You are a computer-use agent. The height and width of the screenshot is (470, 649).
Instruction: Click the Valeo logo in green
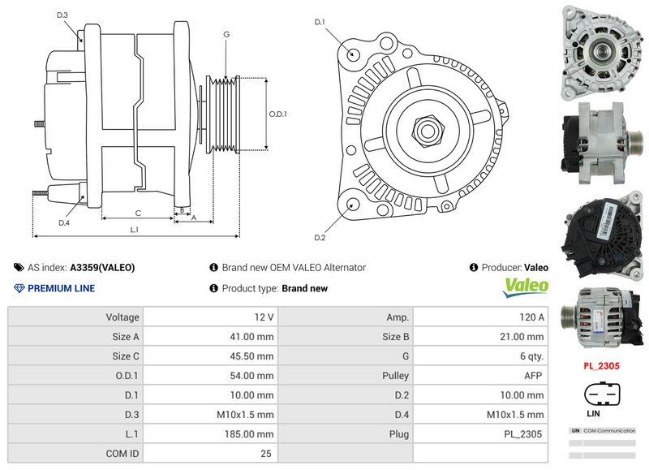(x=527, y=287)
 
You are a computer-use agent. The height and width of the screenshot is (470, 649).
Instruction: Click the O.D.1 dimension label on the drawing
(x=278, y=114)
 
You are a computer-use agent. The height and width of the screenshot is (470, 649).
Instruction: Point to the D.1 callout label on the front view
(x=320, y=22)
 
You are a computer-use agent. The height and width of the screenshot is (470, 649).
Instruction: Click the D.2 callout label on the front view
(x=320, y=237)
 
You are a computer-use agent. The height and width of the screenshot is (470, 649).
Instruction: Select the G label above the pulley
(x=226, y=35)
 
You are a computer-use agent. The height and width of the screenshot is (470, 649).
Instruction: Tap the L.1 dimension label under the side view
(x=135, y=230)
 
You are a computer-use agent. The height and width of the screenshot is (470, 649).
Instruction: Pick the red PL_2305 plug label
(x=601, y=366)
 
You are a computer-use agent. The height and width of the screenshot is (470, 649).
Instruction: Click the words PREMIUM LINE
(x=61, y=288)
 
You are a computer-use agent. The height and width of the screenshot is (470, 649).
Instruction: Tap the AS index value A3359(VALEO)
(x=102, y=267)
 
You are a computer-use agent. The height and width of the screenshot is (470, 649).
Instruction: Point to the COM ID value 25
(x=265, y=454)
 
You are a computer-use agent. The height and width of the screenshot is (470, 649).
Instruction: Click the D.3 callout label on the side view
(x=62, y=15)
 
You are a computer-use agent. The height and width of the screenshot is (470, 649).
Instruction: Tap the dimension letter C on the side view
(x=139, y=213)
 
